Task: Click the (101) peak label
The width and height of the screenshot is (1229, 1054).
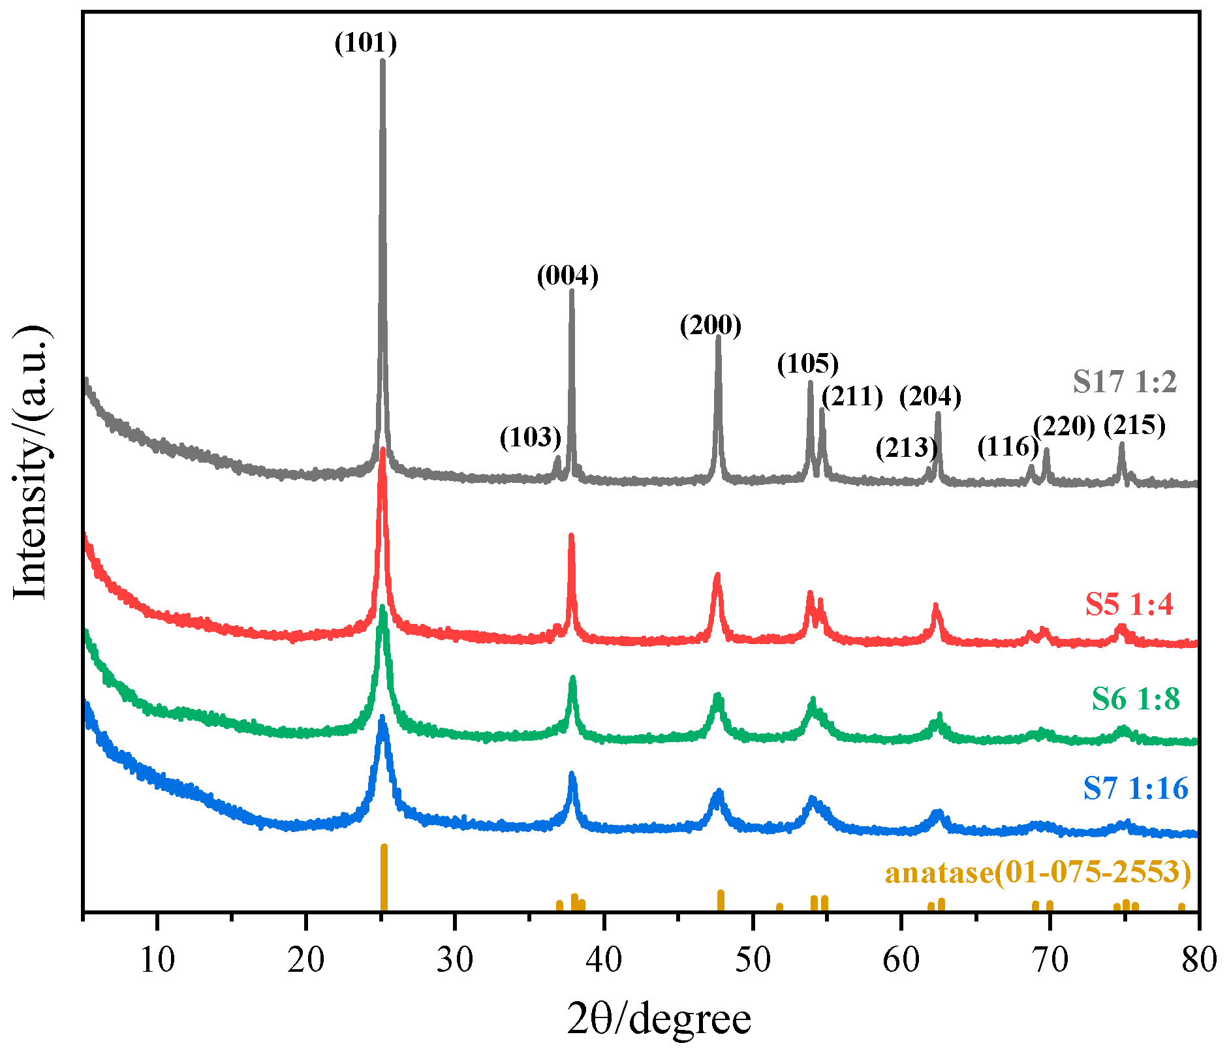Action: coord(366,43)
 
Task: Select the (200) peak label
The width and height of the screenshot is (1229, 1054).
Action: coord(711,324)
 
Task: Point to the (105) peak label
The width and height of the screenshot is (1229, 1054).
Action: coord(807,364)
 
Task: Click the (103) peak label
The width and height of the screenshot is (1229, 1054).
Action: coord(530,437)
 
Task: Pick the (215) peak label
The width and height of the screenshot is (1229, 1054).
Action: coord(1134,426)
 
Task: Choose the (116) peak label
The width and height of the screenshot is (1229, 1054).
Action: coord(1008,447)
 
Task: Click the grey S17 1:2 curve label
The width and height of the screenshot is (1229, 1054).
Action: coord(1125,382)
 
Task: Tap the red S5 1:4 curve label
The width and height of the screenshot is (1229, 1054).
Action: coord(1129,604)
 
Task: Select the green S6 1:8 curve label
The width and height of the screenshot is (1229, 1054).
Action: coord(1136,699)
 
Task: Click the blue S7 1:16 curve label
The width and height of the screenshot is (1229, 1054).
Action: coord(1136,788)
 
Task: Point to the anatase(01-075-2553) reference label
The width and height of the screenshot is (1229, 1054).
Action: coord(1038,872)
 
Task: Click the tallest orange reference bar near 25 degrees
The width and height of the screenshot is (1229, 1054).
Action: coord(384,878)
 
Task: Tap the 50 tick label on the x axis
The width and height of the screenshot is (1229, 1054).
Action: coord(753,960)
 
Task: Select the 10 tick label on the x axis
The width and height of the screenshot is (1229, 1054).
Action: coord(157,960)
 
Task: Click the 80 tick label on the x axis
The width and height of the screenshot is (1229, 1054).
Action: coord(1198,960)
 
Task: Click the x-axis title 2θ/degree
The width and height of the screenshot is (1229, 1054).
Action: coord(659,1019)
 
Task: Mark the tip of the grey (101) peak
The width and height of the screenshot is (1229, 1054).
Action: coord(382,61)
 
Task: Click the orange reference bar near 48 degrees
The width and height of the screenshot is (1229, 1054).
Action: coord(721,900)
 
